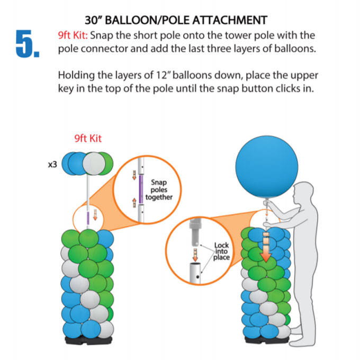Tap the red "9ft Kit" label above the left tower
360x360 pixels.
pyautogui.click(x=88, y=139)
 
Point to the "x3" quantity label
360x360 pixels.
pyautogui.click(x=52, y=165)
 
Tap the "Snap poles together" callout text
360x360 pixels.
pyautogui.click(x=159, y=190)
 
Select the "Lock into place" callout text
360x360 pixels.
pyautogui.click(x=221, y=251)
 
